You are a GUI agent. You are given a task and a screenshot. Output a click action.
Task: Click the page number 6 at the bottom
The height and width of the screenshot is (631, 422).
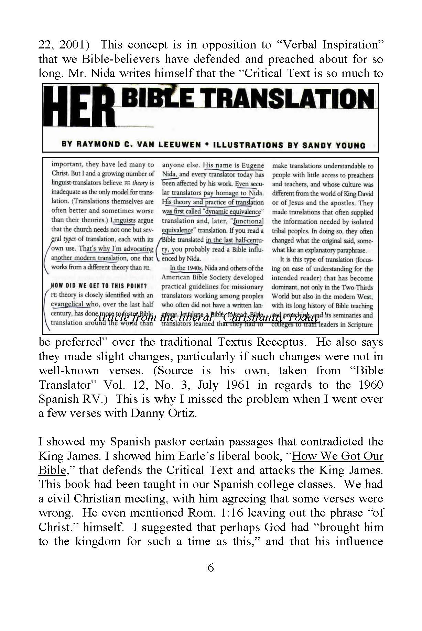click(x=211, y=567)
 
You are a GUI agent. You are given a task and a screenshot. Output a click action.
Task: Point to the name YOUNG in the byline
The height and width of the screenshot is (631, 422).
click(x=351, y=145)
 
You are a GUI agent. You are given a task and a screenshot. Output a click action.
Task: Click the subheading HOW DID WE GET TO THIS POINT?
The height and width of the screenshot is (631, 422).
click(x=99, y=286)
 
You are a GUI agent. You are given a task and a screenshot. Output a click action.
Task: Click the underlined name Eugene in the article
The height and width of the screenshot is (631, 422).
click(x=253, y=165)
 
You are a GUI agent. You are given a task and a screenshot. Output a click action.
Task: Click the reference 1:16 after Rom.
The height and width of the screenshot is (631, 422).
click(x=232, y=512)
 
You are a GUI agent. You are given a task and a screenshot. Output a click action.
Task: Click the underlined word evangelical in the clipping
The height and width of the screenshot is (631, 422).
click(x=67, y=304)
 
